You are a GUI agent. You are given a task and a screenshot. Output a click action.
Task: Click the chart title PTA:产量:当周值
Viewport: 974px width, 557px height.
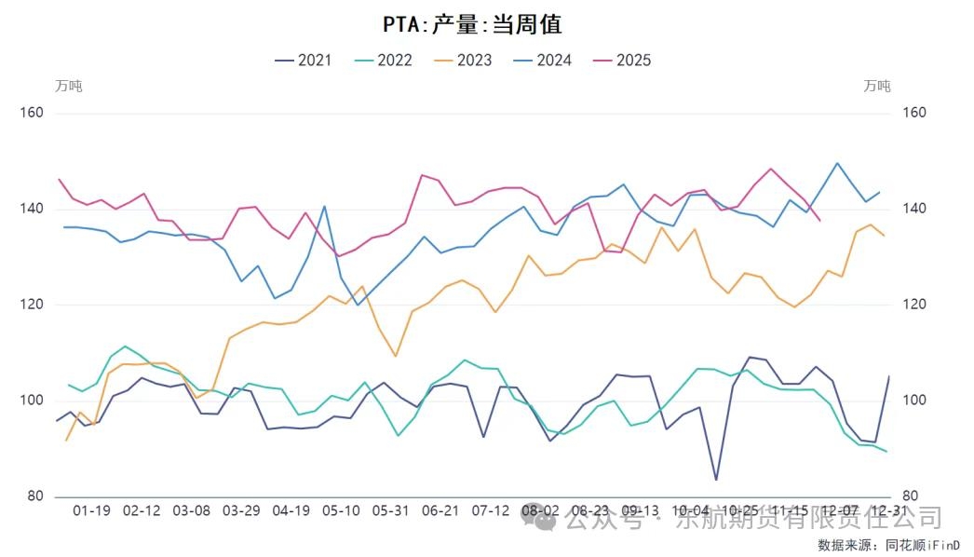tap(473, 24)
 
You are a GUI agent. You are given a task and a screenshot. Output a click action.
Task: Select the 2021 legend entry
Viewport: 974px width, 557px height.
tap(304, 61)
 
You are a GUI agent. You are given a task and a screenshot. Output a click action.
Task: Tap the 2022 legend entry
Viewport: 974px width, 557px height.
tap(384, 61)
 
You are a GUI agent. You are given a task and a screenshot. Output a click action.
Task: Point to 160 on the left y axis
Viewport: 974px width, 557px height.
tap(33, 113)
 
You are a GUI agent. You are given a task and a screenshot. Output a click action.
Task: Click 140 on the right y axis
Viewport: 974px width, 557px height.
tap(915, 209)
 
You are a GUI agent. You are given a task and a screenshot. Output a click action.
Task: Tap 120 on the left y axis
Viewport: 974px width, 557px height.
tap(33, 305)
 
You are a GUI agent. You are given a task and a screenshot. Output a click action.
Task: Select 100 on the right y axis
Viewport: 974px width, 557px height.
tap(915, 401)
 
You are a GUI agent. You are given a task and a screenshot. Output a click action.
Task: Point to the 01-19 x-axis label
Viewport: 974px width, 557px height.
tap(91, 511)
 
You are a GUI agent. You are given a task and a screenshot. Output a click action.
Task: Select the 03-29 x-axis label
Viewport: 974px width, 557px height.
tap(241, 511)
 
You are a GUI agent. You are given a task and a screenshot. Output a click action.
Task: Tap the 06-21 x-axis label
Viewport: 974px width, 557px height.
tap(440, 511)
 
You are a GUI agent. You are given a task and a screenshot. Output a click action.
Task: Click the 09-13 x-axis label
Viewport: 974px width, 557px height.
tap(641, 511)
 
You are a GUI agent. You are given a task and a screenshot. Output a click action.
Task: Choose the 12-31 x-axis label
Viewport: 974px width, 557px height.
tap(888, 511)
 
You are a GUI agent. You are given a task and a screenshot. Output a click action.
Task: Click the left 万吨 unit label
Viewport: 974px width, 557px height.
tap(69, 86)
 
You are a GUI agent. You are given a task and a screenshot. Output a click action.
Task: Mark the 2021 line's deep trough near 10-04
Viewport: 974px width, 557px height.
tap(716, 480)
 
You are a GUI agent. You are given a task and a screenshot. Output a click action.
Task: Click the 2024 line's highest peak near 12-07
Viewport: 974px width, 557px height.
tap(837, 163)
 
